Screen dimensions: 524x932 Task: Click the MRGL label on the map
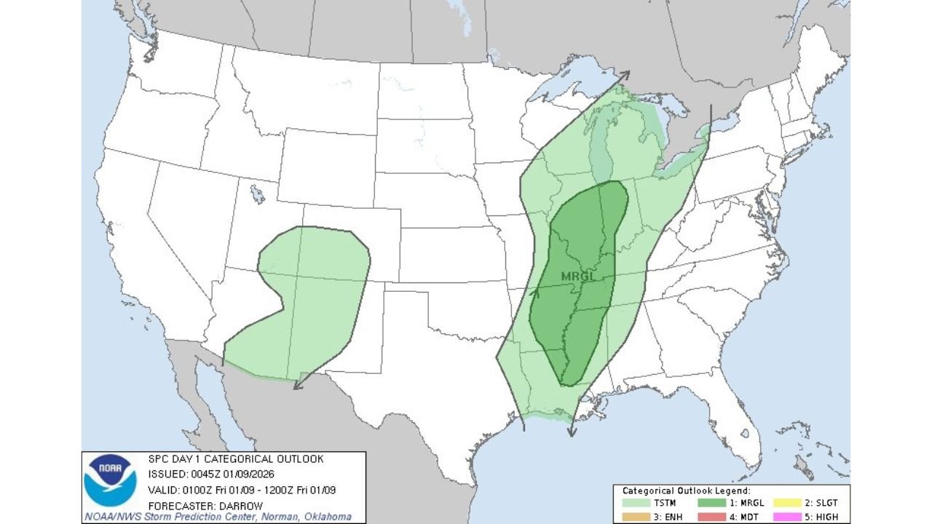(x=578, y=277)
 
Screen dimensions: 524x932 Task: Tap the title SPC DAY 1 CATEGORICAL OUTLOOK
(x=236, y=459)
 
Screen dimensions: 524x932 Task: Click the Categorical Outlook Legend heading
(x=686, y=491)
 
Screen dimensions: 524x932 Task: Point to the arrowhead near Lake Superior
(x=625, y=74)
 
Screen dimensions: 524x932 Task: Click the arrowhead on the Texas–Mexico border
(x=296, y=386)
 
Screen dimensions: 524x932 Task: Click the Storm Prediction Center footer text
(x=218, y=517)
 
